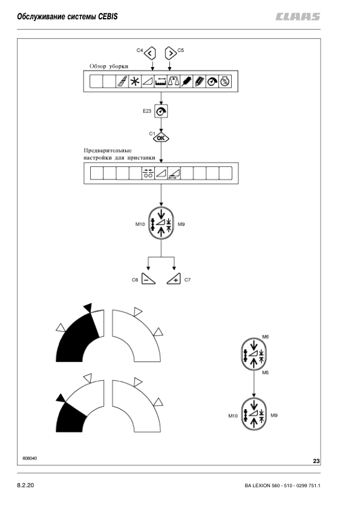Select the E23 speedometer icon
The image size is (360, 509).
pos(160,111)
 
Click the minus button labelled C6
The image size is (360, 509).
pos(149,280)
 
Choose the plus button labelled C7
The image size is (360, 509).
pos(174,280)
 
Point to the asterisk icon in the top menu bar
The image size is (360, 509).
pos(135,82)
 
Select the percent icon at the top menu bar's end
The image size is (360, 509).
pos(225,82)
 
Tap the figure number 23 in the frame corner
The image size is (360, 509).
pos(316,461)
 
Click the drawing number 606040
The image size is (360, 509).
pos(30,459)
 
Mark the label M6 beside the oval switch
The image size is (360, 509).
pos(266,336)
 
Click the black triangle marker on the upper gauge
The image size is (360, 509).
pos(88,307)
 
